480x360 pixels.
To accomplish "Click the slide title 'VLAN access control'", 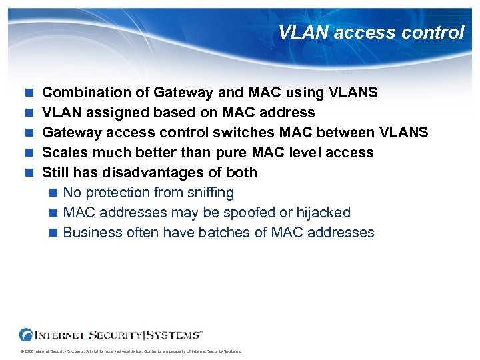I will [x=371, y=32].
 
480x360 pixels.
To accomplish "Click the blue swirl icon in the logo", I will [x=27, y=334].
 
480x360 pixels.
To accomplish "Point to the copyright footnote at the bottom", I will [x=131, y=351].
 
